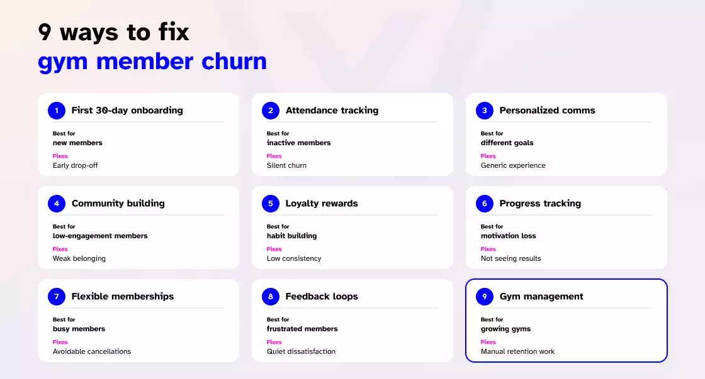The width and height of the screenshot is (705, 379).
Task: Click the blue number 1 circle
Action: point(57,111)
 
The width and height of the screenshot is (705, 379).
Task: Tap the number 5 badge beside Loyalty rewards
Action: point(271,204)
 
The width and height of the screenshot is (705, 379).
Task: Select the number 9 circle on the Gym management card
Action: point(485,297)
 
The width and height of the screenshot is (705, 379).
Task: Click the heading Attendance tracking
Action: point(332,111)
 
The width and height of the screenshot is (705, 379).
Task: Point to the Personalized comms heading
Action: point(547,111)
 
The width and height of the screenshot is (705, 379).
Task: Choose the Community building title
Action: point(118,204)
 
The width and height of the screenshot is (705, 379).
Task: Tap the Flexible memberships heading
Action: point(123,297)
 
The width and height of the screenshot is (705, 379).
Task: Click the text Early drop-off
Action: point(75,165)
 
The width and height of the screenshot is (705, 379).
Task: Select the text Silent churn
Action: point(286,165)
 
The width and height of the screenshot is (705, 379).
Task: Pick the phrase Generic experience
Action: point(513,165)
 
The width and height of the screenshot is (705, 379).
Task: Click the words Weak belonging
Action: point(79,258)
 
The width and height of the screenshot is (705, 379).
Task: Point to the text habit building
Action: point(292,236)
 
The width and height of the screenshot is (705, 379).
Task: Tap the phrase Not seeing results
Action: point(510,258)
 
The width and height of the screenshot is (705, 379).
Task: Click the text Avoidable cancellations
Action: point(92,351)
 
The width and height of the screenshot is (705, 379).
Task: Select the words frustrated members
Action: point(302,329)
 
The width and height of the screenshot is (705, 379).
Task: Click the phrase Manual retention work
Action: point(517,351)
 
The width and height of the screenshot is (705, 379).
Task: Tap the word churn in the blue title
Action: point(234,62)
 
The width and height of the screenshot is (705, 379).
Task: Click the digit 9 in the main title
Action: point(45,32)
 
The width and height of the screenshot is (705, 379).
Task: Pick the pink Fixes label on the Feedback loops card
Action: point(274,342)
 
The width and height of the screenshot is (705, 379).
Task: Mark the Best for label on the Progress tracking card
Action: point(492,226)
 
